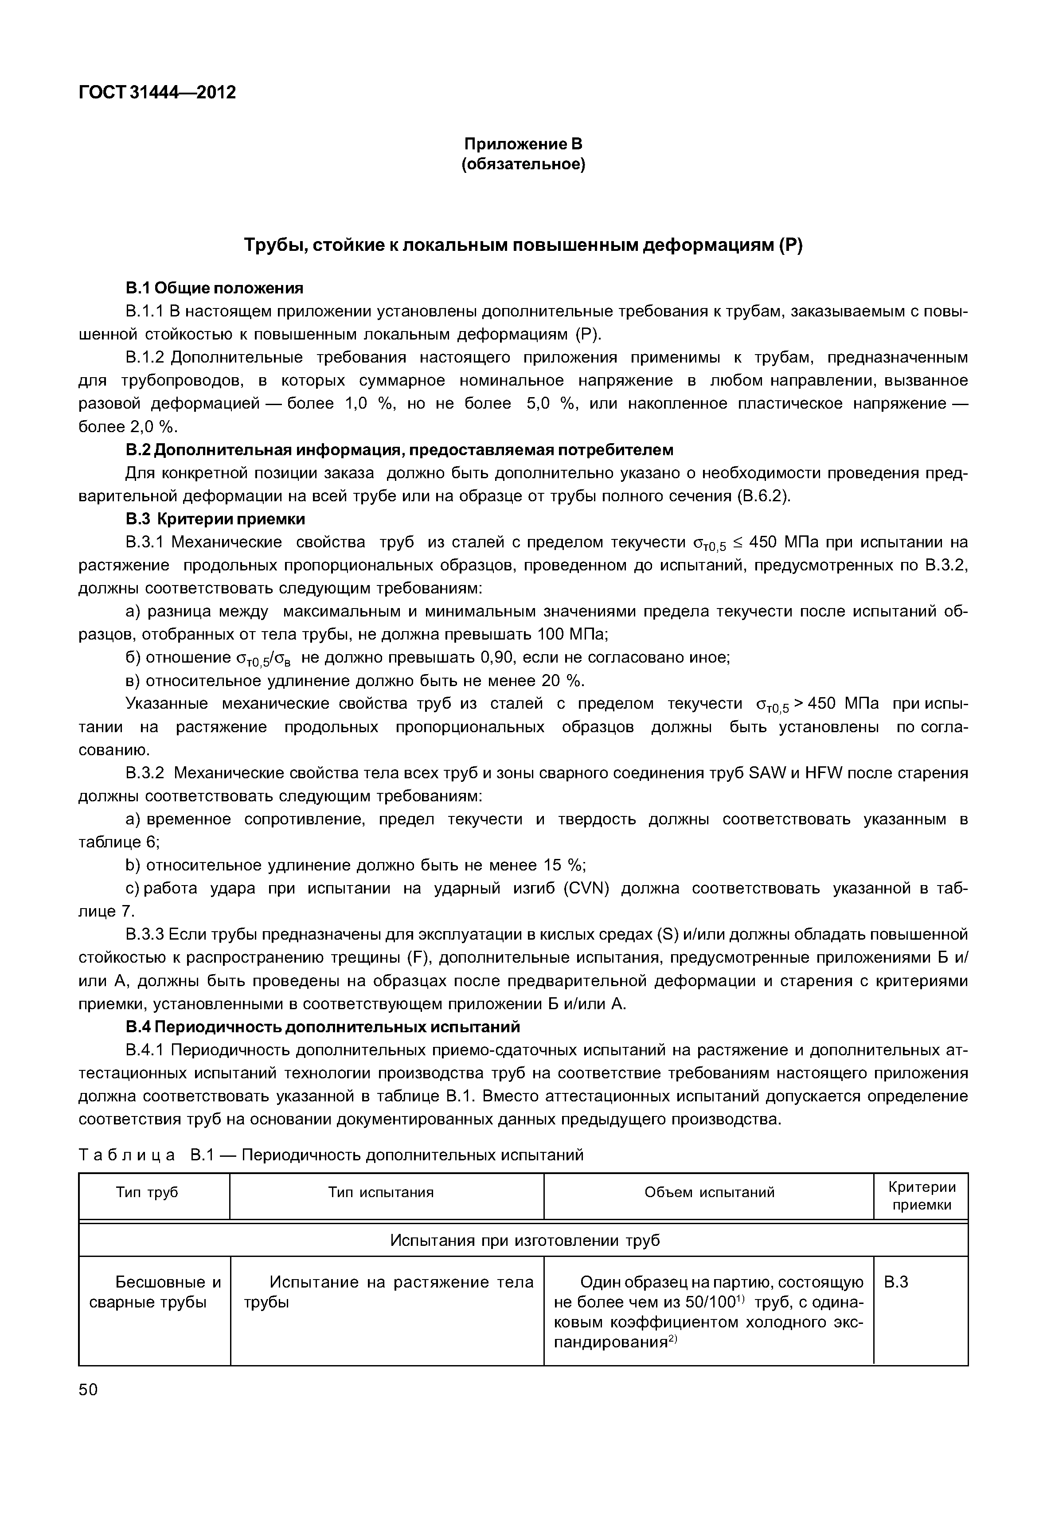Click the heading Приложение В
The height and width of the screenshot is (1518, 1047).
point(523,143)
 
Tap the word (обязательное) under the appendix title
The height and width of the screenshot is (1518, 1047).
point(523,164)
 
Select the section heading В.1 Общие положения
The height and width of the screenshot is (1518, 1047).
point(215,288)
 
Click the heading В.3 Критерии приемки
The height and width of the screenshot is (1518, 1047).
point(215,519)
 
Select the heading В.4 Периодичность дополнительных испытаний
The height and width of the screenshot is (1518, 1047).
point(323,1026)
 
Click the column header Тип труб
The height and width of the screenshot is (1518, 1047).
point(147,1192)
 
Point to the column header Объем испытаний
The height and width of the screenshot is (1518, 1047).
point(709,1192)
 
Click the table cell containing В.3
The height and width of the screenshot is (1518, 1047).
point(896,1282)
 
